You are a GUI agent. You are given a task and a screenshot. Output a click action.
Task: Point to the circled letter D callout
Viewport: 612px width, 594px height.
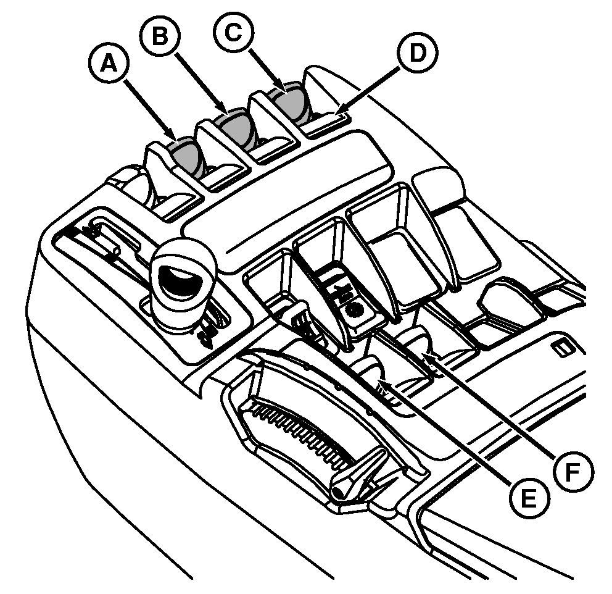coord(417,52)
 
